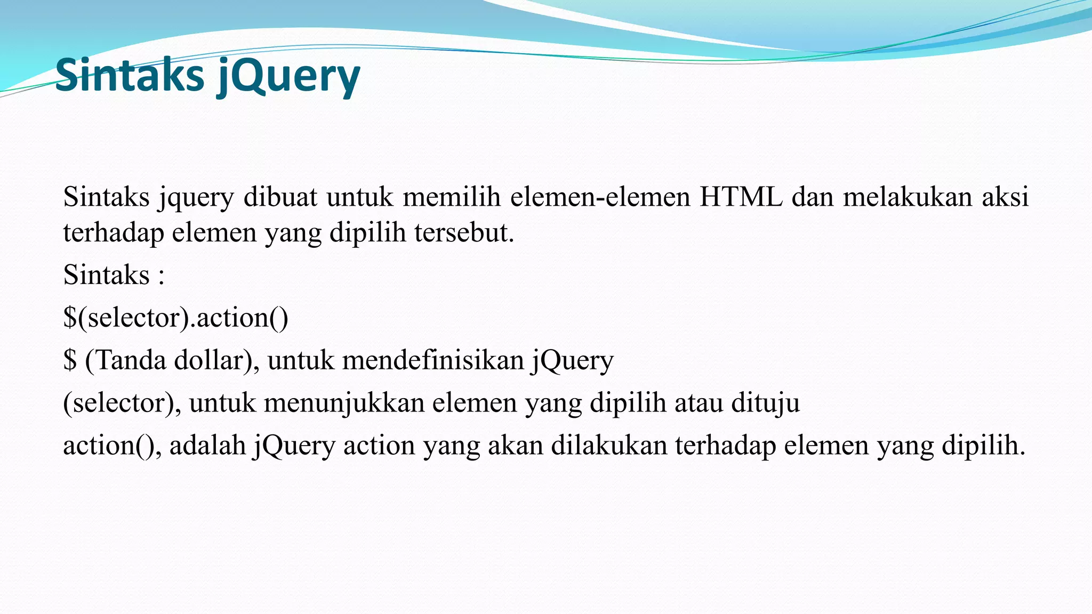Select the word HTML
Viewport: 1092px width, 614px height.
[x=741, y=197]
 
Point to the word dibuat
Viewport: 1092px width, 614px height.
[x=280, y=197]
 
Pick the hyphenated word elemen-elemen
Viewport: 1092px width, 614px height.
[x=600, y=197]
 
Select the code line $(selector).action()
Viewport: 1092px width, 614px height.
[x=175, y=318]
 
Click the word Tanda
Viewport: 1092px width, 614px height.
[x=131, y=360]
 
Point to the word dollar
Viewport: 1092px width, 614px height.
[x=208, y=360]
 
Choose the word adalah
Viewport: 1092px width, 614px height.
[x=207, y=446]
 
